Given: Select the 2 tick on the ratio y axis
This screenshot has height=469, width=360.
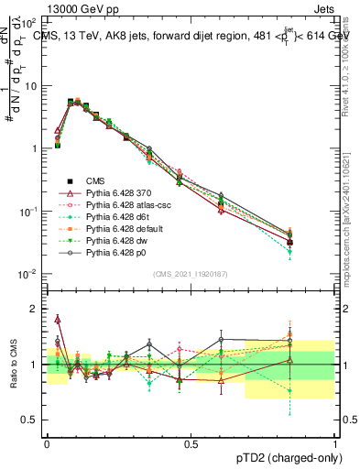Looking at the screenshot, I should click(x=35, y=309).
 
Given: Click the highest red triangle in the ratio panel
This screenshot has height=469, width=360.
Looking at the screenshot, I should click(x=58, y=319).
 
